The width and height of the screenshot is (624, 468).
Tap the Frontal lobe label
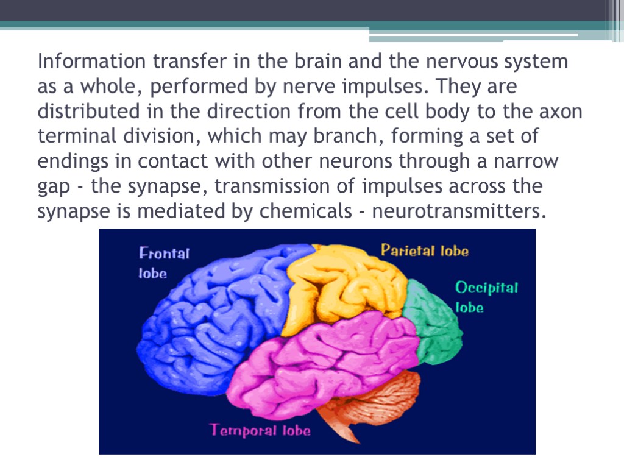164,263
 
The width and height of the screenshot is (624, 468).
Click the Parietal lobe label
425,250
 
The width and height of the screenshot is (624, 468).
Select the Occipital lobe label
486,297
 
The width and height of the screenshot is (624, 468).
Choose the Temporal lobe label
260,430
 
